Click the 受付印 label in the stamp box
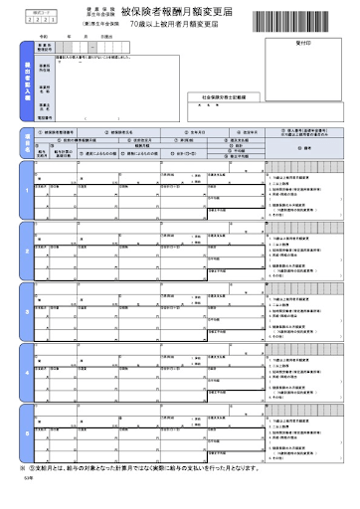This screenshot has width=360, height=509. coord(304,45)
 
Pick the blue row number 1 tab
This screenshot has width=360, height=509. coord(25,192)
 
